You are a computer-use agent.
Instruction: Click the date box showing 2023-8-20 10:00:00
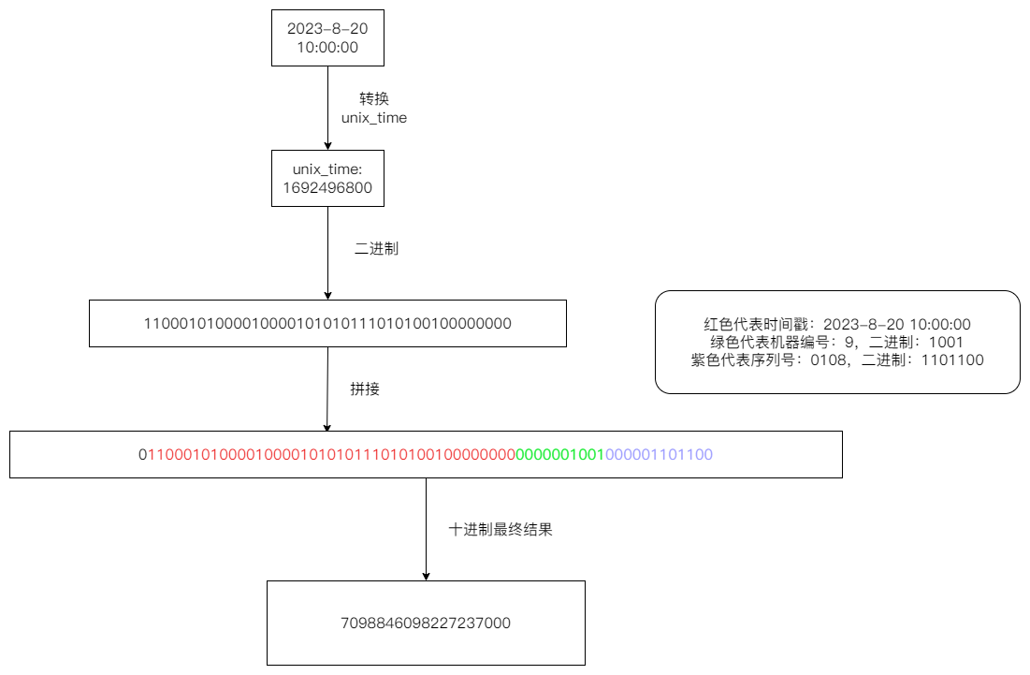pyautogui.click(x=327, y=37)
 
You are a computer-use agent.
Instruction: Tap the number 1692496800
pyautogui.click(x=327, y=187)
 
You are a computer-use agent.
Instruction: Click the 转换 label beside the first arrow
pyautogui.click(x=373, y=98)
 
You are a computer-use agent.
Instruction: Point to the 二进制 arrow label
pyautogui.click(x=376, y=249)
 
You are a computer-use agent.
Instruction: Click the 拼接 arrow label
pyautogui.click(x=365, y=389)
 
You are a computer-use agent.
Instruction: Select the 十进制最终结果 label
pyautogui.click(x=500, y=529)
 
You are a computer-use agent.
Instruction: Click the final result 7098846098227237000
pyautogui.click(x=426, y=623)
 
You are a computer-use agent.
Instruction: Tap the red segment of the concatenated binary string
pyautogui.click(x=331, y=455)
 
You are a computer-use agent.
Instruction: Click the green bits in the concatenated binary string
pyautogui.click(x=559, y=455)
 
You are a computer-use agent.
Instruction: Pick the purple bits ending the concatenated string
pyautogui.click(x=659, y=455)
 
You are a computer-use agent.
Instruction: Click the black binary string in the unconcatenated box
pyautogui.click(x=327, y=324)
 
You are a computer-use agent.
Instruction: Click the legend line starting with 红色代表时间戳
pyautogui.click(x=837, y=325)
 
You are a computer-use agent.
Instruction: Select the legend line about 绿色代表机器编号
pyautogui.click(x=837, y=343)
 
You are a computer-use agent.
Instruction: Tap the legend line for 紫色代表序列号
pyautogui.click(x=837, y=360)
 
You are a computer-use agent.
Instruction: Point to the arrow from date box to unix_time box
pyautogui.click(x=327, y=108)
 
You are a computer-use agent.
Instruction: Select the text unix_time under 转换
pyautogui.click(x=374, y=119)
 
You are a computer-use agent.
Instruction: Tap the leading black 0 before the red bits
pyautogui.click(x=143, y=455)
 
